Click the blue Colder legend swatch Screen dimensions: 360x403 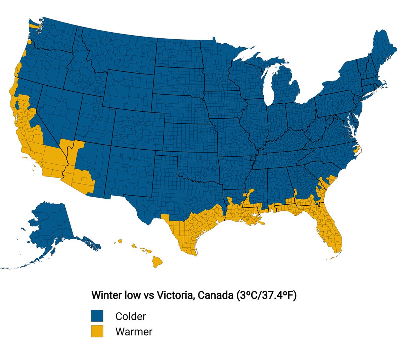point(97,316)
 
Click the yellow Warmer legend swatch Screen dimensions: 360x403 point(97,331)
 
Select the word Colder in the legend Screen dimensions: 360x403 point(131,316)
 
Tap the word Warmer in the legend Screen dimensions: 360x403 point(134,331)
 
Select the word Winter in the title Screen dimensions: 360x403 point(106,296)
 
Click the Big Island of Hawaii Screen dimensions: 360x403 point(156,261)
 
